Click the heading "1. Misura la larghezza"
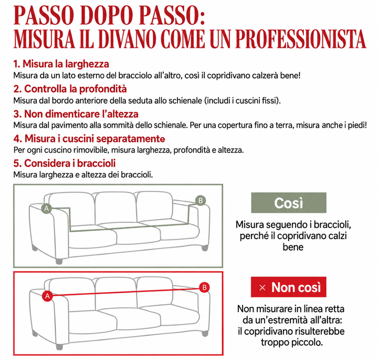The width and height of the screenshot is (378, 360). (61, 64)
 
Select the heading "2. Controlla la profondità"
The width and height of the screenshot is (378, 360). (70, 89)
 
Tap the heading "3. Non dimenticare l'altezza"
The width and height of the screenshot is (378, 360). (76, 114)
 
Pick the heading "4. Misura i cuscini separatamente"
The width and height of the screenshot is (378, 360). (89, 139)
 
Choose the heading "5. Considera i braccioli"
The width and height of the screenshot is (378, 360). (65, 163)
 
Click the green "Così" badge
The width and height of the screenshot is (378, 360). (289, 203)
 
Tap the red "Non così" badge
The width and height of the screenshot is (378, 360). (289, 287)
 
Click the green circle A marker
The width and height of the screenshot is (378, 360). (47, 209)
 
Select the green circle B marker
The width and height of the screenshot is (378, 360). (201, 201)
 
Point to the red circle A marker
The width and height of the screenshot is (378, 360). (47, 296)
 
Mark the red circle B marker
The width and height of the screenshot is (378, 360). (204, 287)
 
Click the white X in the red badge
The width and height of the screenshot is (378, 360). (262, 287)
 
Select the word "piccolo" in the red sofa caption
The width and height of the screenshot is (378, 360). (307, 342)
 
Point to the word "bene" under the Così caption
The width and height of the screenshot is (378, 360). (293, 247)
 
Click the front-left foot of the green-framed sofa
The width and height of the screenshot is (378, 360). (59, 261)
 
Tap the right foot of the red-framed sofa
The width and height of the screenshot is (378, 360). (205, 333)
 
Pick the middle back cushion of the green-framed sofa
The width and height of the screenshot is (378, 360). (115, 208)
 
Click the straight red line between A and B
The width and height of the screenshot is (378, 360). (126, 292)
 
